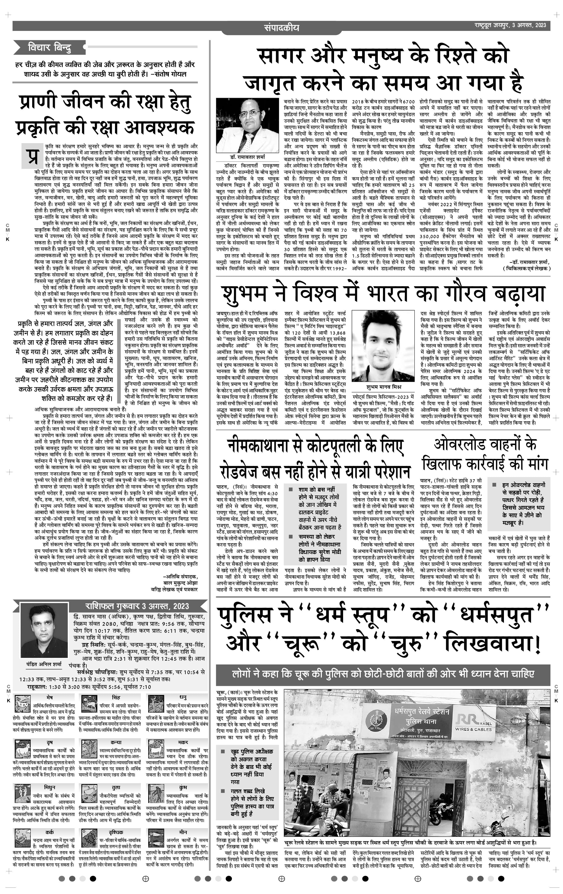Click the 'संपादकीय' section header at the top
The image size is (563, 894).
coord(281,28)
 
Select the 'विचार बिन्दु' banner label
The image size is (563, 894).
coord(49,48)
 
